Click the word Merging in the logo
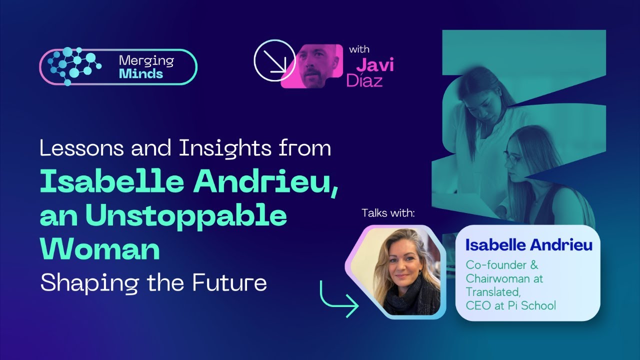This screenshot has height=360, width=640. pos(146,61)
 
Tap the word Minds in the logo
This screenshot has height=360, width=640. pos(141,73)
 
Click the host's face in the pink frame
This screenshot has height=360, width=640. pos(318,66)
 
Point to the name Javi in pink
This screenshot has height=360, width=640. pos(374,65)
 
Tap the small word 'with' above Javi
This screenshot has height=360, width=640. pos(359,50)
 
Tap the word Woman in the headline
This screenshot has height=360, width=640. pos(100,248)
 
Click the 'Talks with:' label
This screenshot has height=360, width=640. pos(388,213)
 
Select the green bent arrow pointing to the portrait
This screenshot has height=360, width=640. pos(337,299)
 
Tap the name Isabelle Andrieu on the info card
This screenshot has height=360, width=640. pos(528,245)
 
